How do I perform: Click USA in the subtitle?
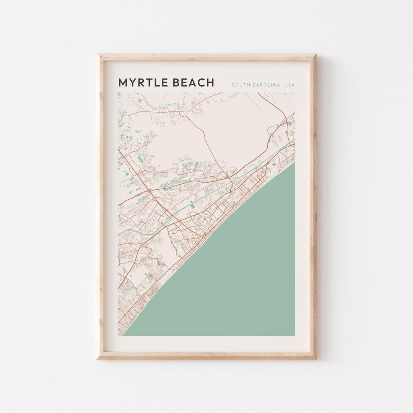point(289,85)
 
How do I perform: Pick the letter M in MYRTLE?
point(123,83)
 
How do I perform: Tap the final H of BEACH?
point(210,83)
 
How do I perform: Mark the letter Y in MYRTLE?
point(132,83)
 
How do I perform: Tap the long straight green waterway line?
point(199,201)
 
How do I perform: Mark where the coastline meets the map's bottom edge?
point(123,335)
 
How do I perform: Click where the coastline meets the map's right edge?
point(294,162)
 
